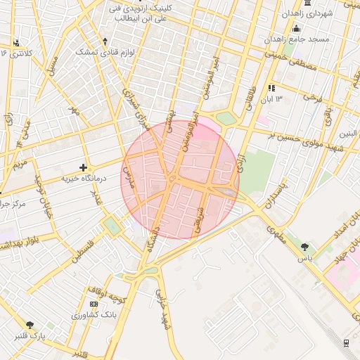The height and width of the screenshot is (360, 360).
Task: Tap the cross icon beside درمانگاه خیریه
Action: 84,168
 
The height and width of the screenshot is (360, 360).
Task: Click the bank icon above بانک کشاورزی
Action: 94,304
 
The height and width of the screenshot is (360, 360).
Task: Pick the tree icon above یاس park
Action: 304,247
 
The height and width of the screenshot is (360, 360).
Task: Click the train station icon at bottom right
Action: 346,342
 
